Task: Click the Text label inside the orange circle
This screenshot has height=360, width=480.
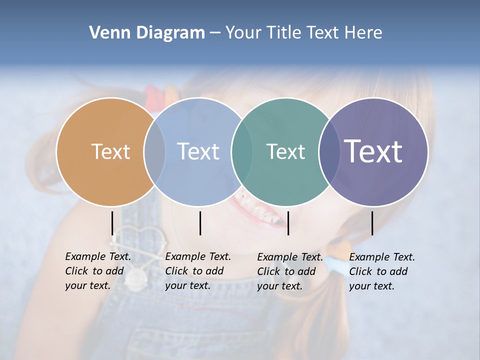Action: (110, 151)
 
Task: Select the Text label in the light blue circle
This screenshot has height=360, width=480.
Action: (198, 151)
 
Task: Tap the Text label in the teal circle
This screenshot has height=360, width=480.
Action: (285, 151)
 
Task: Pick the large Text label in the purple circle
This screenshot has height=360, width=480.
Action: (373, 151)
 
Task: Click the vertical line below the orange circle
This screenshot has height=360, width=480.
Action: (112, 223)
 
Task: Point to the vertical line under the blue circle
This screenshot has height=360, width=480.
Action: (200, 223)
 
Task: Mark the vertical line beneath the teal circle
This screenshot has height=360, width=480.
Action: (288, 223)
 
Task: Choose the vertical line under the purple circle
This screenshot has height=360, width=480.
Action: (372, 223)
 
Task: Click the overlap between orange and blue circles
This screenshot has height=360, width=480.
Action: (154, 151)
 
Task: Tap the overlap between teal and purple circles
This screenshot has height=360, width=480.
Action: (330, 151)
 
